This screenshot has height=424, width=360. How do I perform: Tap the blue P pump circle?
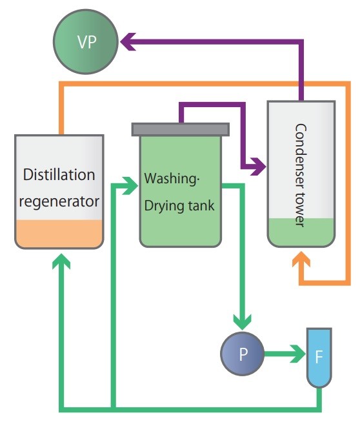point(243,353)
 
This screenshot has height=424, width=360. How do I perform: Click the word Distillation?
point(59,175)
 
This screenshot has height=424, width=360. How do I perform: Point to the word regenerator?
point(59,201)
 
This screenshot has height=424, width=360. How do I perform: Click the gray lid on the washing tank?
point(180,128)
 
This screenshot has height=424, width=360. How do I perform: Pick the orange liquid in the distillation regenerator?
point(59,234)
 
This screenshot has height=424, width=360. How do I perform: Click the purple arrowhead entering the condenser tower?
point(258,167)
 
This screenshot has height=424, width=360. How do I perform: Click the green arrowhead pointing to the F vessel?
point(297,353)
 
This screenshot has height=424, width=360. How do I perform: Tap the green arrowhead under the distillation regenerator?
point(63,263)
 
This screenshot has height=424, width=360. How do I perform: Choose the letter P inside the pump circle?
point(243,354)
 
